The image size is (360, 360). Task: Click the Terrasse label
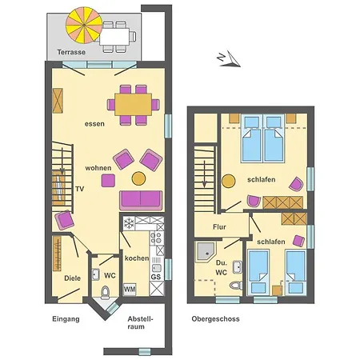[72, 53]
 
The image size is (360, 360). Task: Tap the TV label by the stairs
[79, 189]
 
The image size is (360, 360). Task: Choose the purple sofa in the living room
[142, 199]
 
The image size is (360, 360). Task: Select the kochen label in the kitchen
[136, 258]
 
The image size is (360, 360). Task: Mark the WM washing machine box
[129, 288]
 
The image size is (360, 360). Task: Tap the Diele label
[72, 278]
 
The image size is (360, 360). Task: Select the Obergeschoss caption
[215, 319]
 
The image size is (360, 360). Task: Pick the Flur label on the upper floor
[219, 227]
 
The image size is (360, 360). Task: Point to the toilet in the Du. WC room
[234, 286]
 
